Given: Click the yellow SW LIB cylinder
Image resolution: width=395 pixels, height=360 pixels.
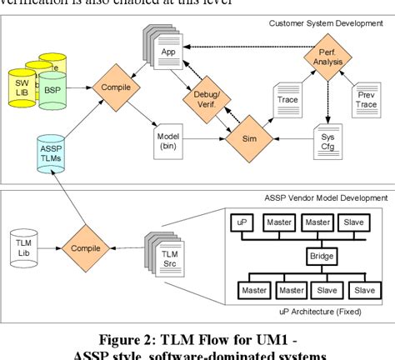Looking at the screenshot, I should tap(21, 86).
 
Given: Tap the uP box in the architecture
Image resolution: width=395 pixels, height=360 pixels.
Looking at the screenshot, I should tap(240, 223).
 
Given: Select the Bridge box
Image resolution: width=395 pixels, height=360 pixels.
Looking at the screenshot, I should tap(321, 257).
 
